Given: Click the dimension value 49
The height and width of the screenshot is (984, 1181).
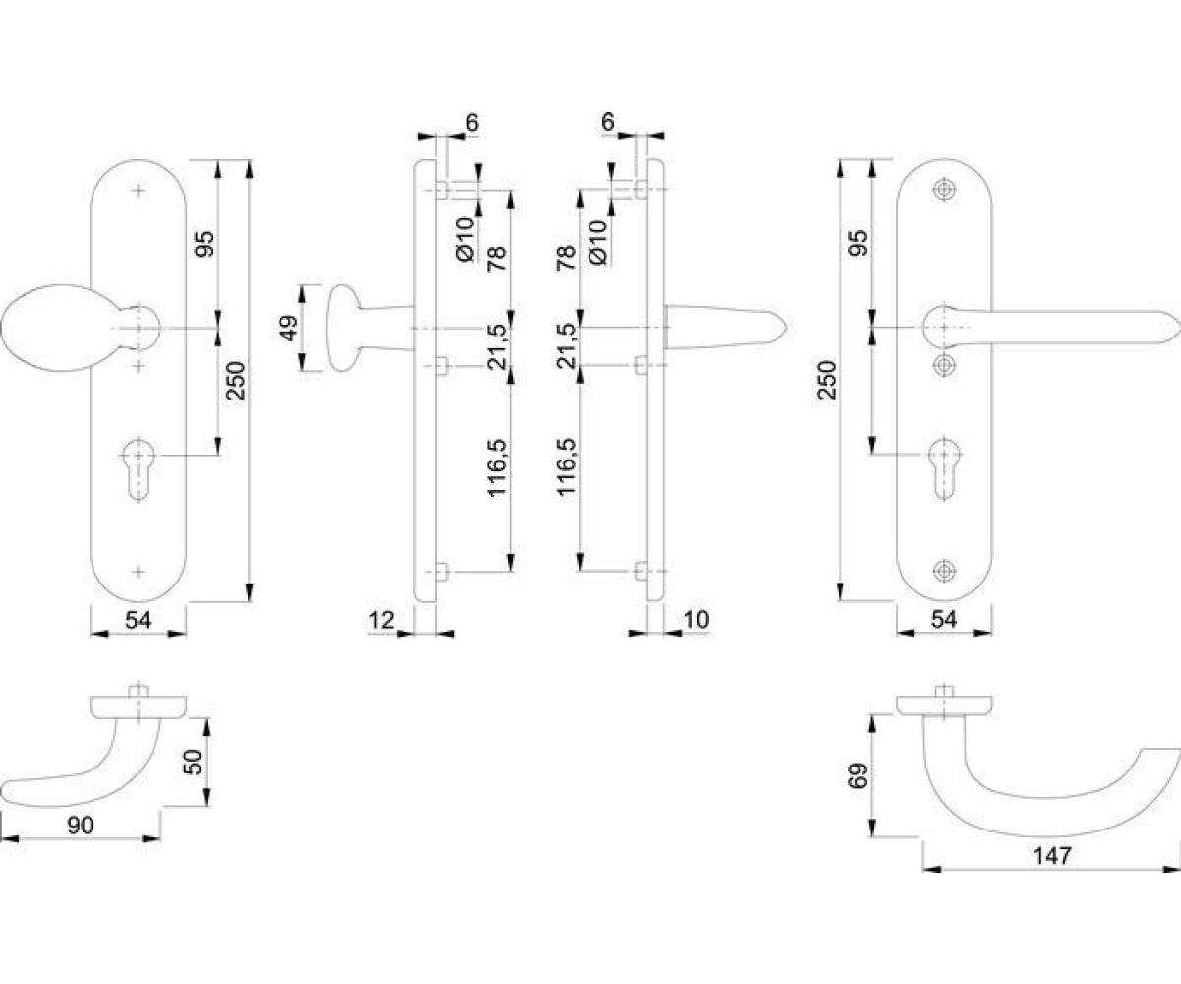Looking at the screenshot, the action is [289, 328].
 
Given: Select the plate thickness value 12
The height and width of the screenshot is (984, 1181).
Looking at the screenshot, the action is [381, 620].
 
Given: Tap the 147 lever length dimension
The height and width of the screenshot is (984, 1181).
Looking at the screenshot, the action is [1053, 856].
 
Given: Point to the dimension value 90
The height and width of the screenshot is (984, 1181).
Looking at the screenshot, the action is [81, 826].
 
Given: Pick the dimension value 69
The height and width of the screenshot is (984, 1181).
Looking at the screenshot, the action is [858, 775].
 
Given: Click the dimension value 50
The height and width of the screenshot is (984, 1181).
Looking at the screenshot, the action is [194, 762].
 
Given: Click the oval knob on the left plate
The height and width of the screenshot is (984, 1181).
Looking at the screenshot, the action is [54, 328].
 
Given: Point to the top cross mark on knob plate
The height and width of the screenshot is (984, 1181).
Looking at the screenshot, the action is [138, 191].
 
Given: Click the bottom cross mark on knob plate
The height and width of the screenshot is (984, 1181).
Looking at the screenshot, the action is [138, 571].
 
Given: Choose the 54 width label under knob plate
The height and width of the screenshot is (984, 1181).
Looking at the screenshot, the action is [138, 620].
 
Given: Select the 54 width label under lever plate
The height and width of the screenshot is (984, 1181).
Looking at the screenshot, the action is [944, 619].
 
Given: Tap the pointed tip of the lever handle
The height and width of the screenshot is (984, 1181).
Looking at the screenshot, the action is [1180, 327].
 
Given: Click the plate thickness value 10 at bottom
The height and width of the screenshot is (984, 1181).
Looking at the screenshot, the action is [696, 620].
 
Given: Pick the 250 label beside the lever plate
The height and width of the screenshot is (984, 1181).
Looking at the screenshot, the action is [828, 380].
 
